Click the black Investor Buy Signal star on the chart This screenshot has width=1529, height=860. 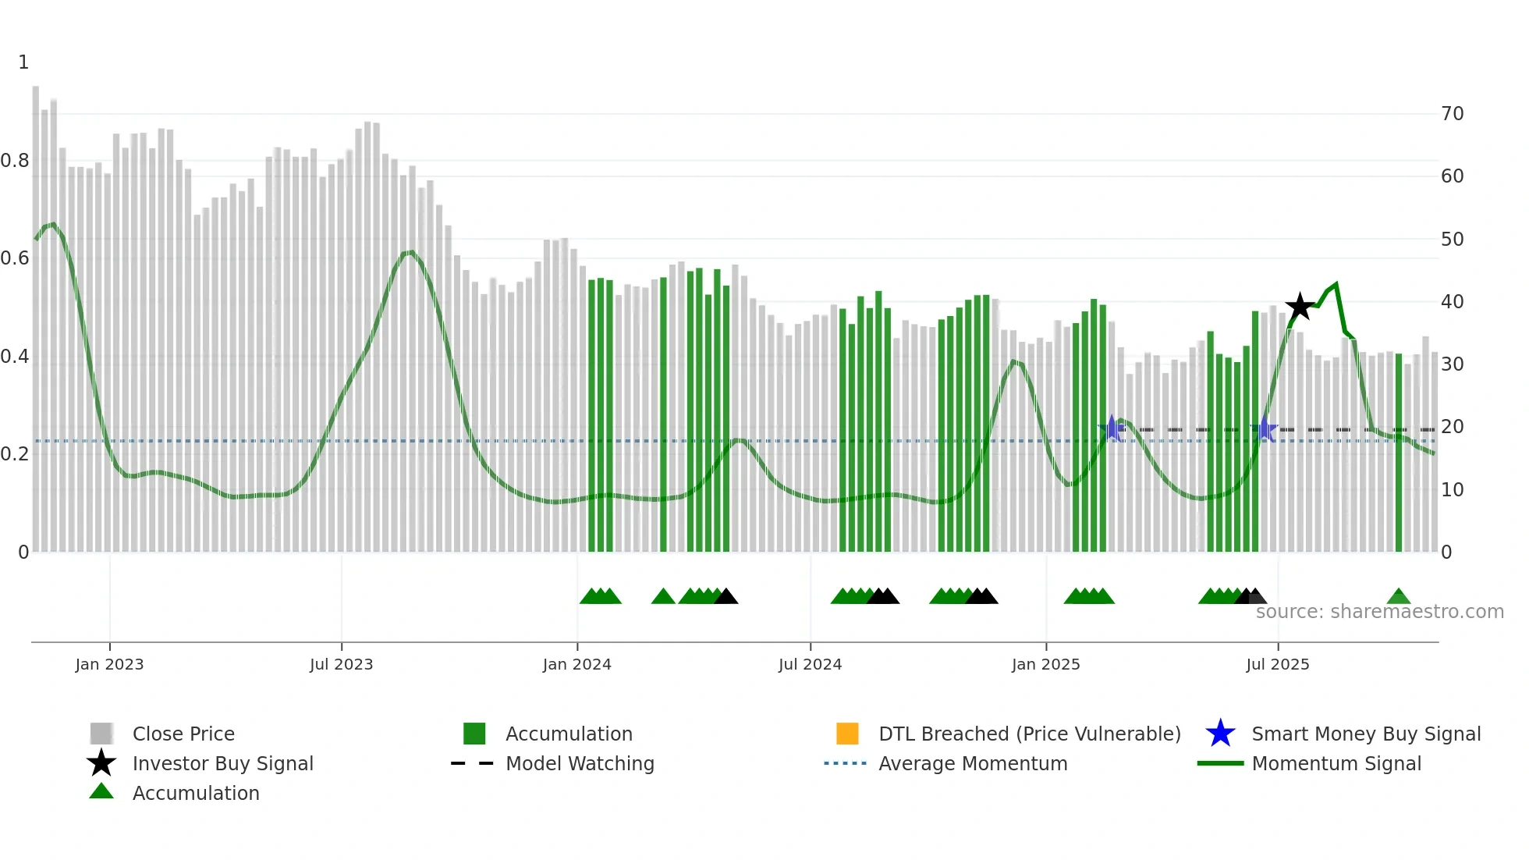pyautogui.click(x=1300, y=307)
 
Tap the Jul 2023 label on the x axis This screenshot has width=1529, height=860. pyautogui.click(x=341, y=664)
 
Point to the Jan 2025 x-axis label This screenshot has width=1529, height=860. pyautogui.click(x=1045, y=664)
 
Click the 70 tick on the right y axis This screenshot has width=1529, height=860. pyautogui.click(x=1452, y=114)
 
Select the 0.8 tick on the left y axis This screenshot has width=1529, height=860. pyautogui.click(x=15, y=161)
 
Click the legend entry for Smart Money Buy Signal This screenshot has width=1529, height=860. pyautogui.click(x=1365, y=734)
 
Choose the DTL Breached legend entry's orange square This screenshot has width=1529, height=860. pyautogui.click(x=847, y=734)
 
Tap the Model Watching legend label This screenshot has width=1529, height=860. pyautogui.click(x=580, y=763)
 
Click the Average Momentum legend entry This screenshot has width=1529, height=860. pyautogui.click(x=972, y=763)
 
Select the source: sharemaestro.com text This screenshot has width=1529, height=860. pyautogui.click(x=1379, y=612)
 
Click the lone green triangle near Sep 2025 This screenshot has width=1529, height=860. pyautogui.click(x=1399, y=597)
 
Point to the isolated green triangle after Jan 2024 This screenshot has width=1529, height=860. pyautogui.click(x=663, y=597)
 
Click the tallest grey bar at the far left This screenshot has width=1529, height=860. pyautogui.click(x=36, y=312)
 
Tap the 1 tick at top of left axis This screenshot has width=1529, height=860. pyautogui.click(x=23, y=62)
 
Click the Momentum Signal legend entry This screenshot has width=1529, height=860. pyautogui.click(x=1336, y=763)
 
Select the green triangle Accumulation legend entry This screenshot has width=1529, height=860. pyautogui.click(x=195, y=793)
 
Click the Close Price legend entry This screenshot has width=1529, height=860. pyautogui.click(x=183, y=734)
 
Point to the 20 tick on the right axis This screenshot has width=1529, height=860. pyautogui.click(x=1452, y=427)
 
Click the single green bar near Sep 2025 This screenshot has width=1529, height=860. pyautogui.click(x=1399, y=453)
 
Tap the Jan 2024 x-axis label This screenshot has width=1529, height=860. pyautogui.click(x=576, y=664)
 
